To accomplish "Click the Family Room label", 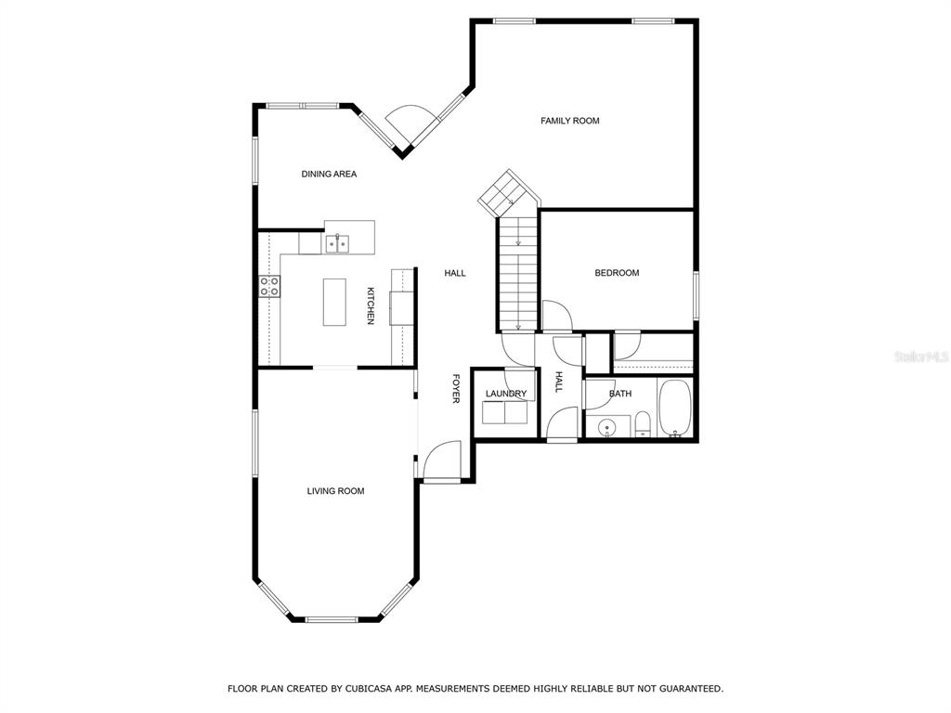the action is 569,121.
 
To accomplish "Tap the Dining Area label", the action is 329,174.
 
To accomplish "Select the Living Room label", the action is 335,491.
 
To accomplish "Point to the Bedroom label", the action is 617,273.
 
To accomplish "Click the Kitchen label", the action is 370,306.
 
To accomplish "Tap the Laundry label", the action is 506,394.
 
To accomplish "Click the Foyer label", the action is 455,389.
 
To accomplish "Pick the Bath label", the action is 619,394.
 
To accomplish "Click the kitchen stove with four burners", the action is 270,287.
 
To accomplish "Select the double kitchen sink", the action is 337,243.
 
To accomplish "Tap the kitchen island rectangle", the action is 334,302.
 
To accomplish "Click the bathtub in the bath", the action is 674,408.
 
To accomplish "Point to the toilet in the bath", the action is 643,423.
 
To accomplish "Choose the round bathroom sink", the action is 606,429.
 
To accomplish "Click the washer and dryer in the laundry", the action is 505,413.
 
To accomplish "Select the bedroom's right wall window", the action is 697,295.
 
